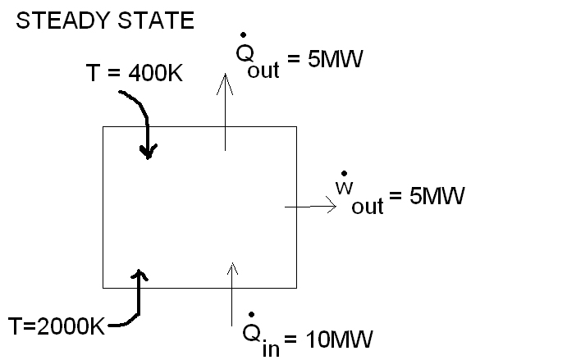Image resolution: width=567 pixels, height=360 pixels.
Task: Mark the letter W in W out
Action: pos(343,189)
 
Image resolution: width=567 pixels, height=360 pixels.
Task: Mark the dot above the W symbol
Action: pos(343,173)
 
